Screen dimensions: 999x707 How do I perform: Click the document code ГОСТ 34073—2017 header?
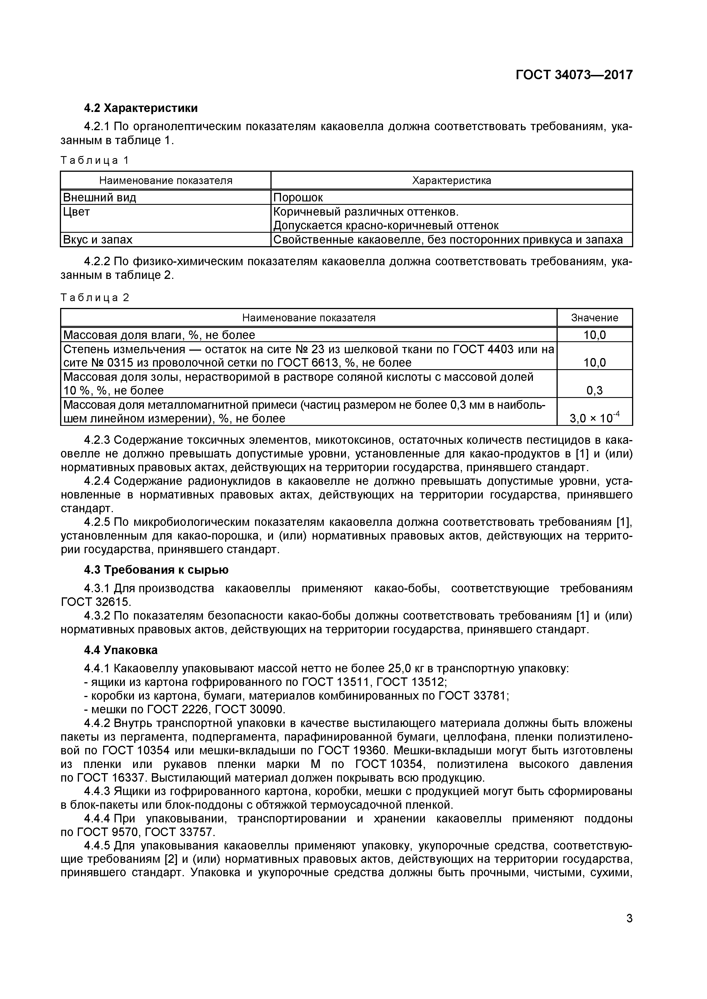(574, 75)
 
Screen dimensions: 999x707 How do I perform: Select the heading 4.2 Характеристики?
(140, 108)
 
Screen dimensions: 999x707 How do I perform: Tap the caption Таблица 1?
(95, 161)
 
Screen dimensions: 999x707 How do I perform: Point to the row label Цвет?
(77, 212)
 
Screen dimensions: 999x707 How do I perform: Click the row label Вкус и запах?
(98, 240)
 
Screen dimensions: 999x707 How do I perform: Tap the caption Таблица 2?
(95, 298)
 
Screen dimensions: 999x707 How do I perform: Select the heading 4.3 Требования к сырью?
(156, 569)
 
